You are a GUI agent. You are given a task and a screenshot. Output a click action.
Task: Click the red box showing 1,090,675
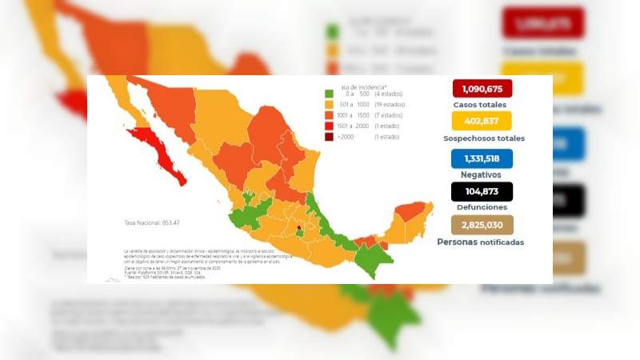[x=482, y=89]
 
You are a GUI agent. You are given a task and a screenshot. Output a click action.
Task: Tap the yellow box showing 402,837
[x=482, y=122]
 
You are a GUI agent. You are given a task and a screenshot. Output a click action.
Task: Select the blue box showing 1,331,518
[x=482, y=158]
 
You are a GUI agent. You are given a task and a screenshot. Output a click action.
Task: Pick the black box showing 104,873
[x=482, y=192]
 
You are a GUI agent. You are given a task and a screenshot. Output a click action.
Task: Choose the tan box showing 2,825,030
[x=482, y=226]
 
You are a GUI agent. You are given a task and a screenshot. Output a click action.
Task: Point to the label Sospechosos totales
[x=483, y=138]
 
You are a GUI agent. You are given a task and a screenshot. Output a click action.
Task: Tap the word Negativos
[x=482, y=174]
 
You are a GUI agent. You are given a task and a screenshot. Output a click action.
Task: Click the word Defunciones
[x=482, y=206]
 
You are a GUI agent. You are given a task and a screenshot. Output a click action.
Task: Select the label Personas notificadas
[x=481, y=242]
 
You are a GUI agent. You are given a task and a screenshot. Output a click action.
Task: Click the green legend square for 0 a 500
[x=329, y=94]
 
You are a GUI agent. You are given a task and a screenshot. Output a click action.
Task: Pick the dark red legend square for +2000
[x=329, y=137]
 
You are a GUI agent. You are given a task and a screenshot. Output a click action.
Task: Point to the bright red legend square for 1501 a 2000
[x=329, y=126]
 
